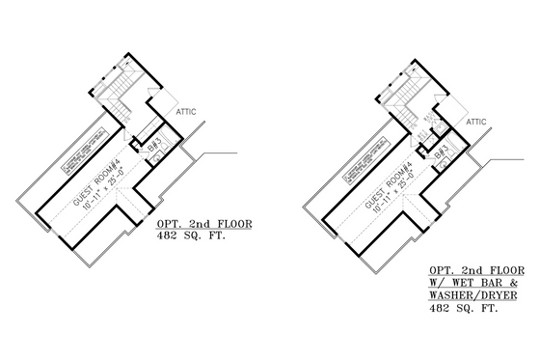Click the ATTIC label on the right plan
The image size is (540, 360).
point(476,124)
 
